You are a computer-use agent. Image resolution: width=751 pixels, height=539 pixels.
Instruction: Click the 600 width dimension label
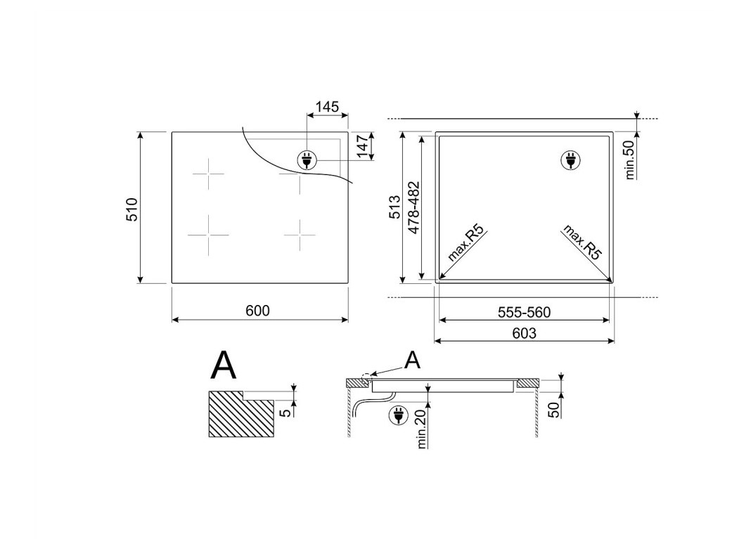257,311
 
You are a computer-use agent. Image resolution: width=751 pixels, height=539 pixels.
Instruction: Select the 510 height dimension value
131,209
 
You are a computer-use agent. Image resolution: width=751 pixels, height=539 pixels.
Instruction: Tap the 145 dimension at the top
328,107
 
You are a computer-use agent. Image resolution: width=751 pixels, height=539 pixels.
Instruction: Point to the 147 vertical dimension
363,146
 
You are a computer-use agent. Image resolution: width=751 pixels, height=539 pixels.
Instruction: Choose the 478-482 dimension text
413,207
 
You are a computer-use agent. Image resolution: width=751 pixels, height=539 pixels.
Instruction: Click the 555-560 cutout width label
524,313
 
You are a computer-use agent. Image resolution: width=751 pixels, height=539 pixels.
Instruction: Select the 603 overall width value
524,333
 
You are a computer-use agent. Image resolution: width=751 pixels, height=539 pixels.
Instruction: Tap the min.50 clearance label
629,160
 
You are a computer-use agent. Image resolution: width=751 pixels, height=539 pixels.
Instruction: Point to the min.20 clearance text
421,429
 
